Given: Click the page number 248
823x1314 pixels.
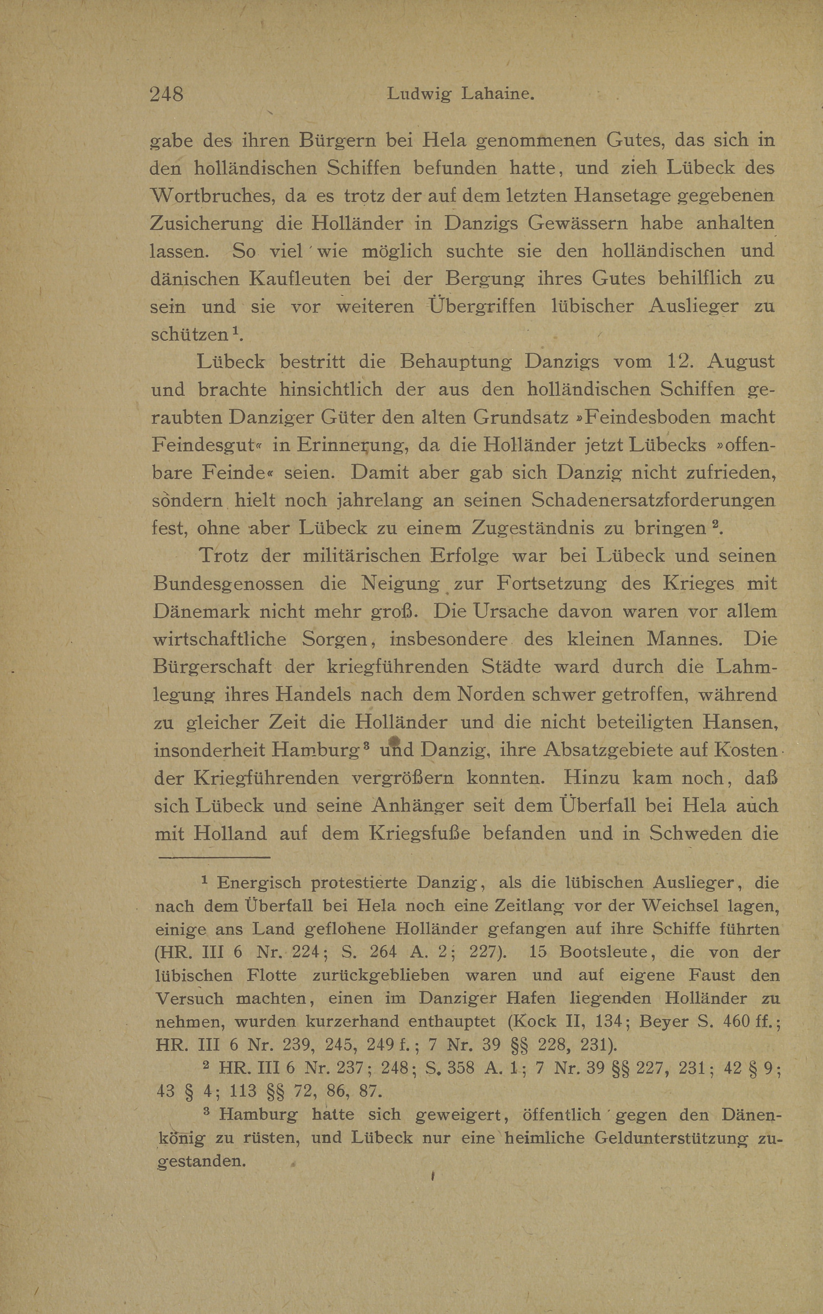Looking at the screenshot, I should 167,94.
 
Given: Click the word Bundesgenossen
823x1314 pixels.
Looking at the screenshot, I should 229,584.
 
